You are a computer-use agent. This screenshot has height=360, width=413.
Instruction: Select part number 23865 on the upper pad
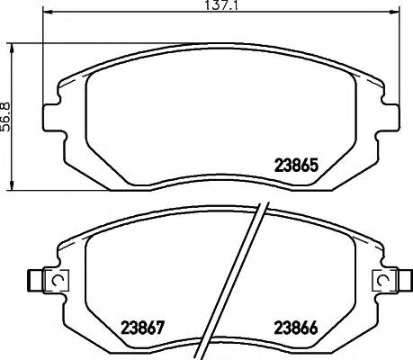tap(297, 166)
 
